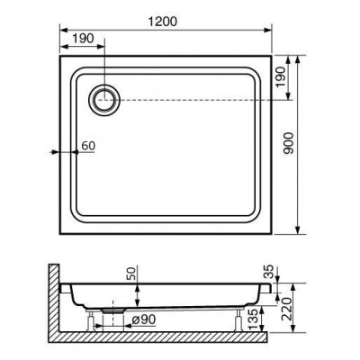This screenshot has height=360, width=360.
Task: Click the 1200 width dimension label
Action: click(x=163, y=22)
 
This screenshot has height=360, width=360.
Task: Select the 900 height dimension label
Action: click(x=289, y=143)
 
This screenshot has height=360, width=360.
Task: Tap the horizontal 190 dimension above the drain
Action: click(x=83, y=39)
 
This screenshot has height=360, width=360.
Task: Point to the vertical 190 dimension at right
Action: click(x=281, y=77)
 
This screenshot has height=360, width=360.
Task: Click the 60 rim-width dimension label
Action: click(x=88, y=146)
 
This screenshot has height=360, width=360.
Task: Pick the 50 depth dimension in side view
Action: click(x=132, y=274)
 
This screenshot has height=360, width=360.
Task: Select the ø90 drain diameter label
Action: click(x=144, y=320)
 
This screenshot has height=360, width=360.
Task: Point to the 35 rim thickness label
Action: click(x=270, y=271)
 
